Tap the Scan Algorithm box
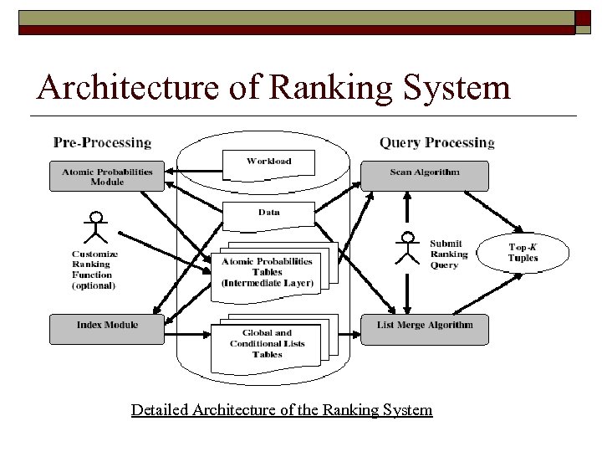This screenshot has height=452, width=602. [425, 172]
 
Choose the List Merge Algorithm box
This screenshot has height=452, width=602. [425, 326]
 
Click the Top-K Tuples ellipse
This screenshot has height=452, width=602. [523, 252]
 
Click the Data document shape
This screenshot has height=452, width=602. [268, 213]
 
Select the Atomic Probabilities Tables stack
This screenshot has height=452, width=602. [268, 271]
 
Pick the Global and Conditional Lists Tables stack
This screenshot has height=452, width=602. [268, 343]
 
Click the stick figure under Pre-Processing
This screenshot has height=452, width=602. [97, 228]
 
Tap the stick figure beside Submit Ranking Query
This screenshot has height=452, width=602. [408, 248]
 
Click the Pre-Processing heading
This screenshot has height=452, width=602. [102, 142]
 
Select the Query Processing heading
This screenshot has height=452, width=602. [436, 142]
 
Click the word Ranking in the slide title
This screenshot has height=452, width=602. [335, 87]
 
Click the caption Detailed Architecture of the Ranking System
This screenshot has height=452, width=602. [282, 410]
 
